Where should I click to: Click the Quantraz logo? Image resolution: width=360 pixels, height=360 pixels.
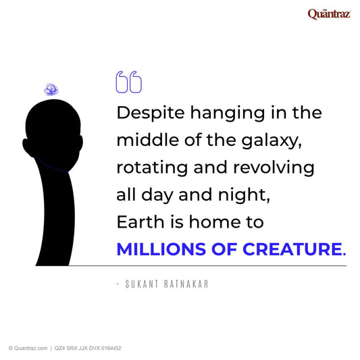(x=328, y=14)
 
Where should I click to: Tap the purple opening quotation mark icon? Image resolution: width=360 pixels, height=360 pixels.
(x=129, y=82)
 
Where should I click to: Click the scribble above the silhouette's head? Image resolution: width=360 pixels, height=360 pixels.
(x=50, y=88)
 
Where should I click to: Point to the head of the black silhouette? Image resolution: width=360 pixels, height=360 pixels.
(x=50, y=132)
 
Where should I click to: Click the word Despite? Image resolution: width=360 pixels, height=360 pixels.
(x=144, y=112)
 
